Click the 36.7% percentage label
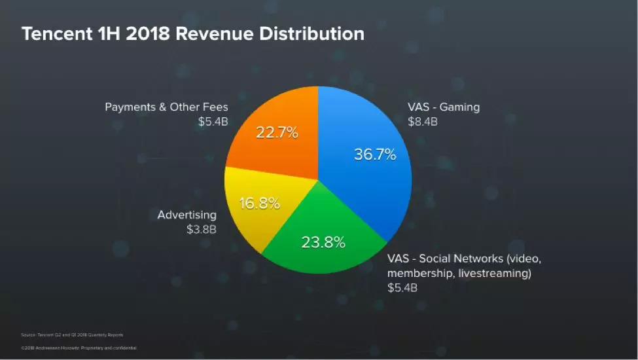pyautogui.click(x=375, y=154)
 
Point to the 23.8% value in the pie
pyautogui.click(x=323, y=243)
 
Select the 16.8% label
pyautogui.click(x=259, y=203)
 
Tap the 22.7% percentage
pyautogui.click(x=277, y=132)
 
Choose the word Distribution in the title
pyautogui.click(x=312, y=33)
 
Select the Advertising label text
pyautogui.click(x=187, y=215)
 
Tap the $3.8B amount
pyautogui.click(x=202, y=229)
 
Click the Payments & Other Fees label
pyautogui.click(x=167, y=107)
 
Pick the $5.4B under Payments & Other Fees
pyautogui.click(x=213, y=121)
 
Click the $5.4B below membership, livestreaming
pyautogui.click(x=402, y=287)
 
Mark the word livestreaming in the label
pyautogui.click(x=494, y=273)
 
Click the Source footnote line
pyautogui.click(x=73, y=334)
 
